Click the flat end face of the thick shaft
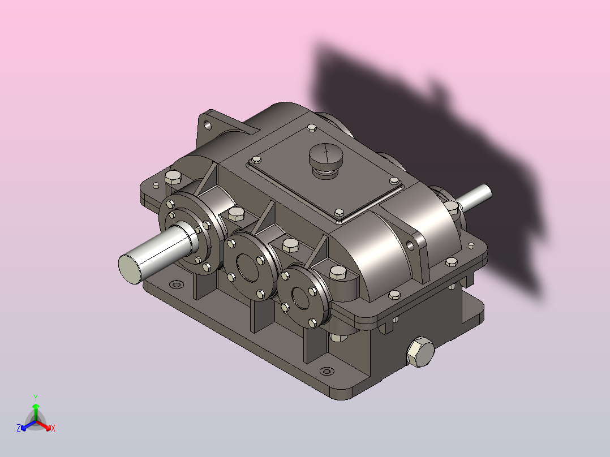point(130,269)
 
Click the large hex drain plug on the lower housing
point(420,352)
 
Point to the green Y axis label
point(36,398)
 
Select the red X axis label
point(53,428)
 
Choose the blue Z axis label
point(19,428)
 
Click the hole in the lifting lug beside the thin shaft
point(410,245)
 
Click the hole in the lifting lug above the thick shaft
point(208,126)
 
